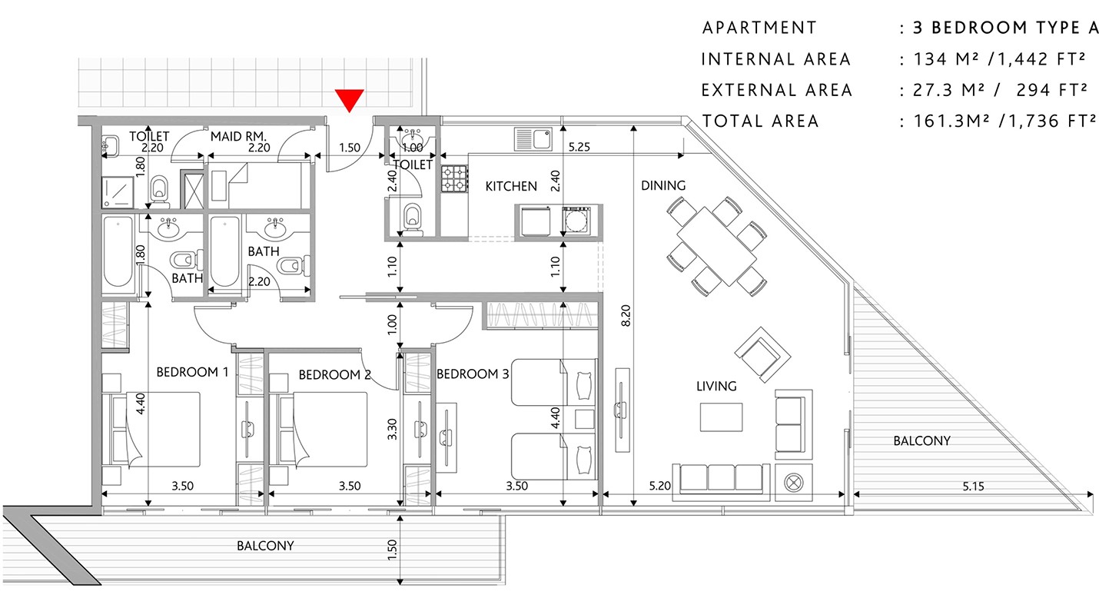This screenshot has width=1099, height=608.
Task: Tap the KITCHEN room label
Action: click(511, 187)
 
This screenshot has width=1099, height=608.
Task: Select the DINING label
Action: click(663, 185)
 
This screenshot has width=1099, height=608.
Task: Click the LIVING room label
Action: click(716, 386)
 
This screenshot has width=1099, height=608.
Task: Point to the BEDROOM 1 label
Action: click(192, 372)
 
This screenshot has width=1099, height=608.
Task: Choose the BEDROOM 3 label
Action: click(473, 374)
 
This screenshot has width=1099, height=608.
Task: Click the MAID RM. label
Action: click(238, 136)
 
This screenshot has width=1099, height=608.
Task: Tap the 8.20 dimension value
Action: click(626, 316)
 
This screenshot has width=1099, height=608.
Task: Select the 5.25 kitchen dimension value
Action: click(579, 147)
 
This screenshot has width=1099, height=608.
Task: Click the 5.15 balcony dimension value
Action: click(974, 487)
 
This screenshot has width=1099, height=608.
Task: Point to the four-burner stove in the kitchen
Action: click(454, 178)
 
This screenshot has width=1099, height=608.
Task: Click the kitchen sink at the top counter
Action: click(533, 138)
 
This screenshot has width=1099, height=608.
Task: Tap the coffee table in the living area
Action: click(721, 417)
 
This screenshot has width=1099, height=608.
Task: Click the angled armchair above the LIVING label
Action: click(762, 355)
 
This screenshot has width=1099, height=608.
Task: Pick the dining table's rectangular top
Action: click(717, 246)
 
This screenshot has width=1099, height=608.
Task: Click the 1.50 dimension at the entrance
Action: click(350, 148)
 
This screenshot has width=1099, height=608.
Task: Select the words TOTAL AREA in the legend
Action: click(761, 121)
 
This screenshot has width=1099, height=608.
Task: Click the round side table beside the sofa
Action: click(793, 483)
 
